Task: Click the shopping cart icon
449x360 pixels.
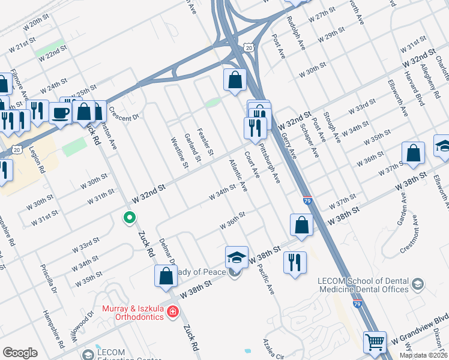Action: click(x=375, y=342)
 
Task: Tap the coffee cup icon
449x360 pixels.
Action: click(x=61, y=113)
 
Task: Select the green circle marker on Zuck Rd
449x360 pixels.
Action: click(x=128, y=218)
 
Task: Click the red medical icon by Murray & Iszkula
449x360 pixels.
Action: click(x=173, y=311)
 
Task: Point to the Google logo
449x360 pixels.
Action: click(x=20, y=353)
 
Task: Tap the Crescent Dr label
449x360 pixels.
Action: click(x=124, y=114)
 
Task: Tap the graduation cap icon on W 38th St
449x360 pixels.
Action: click(x=237, y=257)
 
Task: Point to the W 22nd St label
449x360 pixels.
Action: click(x=55, y=52)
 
